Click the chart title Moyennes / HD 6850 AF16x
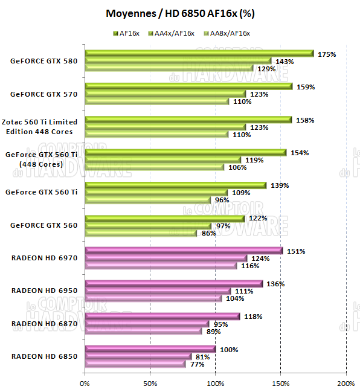[179, 13]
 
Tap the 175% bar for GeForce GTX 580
[199, 54]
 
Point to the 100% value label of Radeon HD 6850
[229, 350]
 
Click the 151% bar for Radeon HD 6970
[184, 251]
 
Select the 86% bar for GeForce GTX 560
[141, 233]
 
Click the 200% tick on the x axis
[346, 383]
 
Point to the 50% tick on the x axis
[150, 383]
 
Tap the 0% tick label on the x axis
[85, 383]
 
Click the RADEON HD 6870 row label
[44, 323]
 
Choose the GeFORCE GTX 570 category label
[44, 94]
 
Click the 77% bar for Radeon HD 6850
[135, 364]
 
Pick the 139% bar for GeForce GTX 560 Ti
[176, 185]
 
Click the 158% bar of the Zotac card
[188, 120]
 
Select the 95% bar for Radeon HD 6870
[147, 324]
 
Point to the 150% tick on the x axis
[280, 383]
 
